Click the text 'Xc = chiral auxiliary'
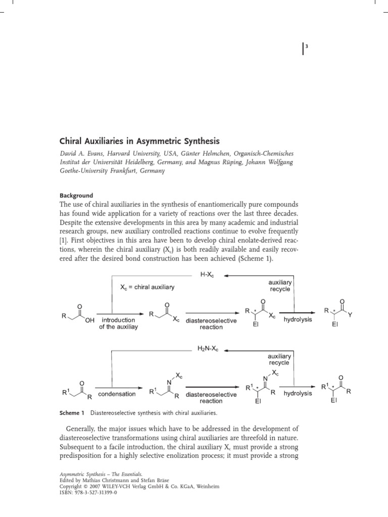tap(147, 287)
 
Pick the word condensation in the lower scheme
tap(117, 394)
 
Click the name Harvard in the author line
tap(130, 153)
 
